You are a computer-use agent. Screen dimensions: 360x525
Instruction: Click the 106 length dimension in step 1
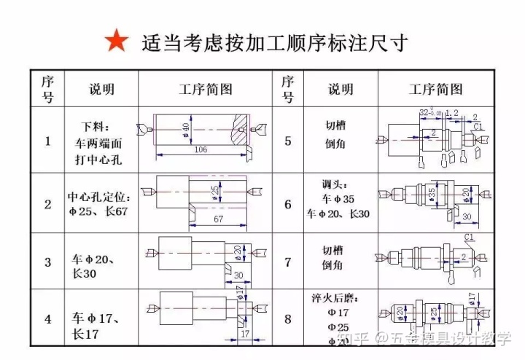[201, 149]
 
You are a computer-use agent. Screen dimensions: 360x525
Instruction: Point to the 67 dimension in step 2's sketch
[219, 219]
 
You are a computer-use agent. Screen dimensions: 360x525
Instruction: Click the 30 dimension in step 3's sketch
[238, 274]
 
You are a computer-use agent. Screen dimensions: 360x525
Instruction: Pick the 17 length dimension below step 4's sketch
[246, 334]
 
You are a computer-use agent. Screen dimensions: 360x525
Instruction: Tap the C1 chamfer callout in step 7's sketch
[470, 238]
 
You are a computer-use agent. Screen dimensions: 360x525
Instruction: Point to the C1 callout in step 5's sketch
[478, 126]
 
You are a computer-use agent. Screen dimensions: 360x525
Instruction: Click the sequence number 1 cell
[47, 141]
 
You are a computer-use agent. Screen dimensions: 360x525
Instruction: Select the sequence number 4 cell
[47, 318]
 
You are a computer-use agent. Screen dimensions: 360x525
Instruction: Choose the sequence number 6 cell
[287, 204]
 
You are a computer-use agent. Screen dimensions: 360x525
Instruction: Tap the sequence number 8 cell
[287, 318]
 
